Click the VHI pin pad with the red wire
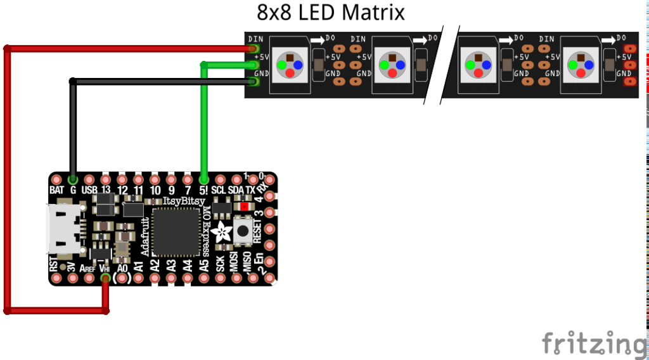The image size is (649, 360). coord(105,278)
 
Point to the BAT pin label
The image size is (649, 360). coord(56,190)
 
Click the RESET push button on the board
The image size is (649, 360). coord(242,231)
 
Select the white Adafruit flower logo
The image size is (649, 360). coord(222,233)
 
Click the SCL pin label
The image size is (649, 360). coord(219,190)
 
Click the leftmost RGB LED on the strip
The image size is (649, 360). coord(290,65)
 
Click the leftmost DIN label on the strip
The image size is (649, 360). coord(256,39)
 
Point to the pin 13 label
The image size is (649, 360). coord(106,190)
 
